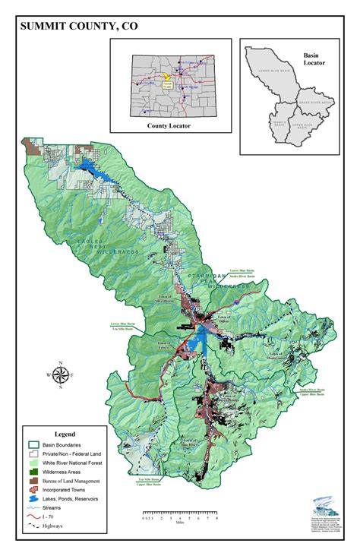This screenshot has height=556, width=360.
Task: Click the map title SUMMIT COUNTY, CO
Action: [80, 27]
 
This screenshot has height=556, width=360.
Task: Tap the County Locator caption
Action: [169, 125]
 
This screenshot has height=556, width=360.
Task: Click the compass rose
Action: [60, 374]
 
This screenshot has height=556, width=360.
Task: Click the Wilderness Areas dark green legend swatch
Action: [33, 472]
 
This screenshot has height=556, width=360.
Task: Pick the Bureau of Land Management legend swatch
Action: [33, 482]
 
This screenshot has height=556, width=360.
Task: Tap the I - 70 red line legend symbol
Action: [33, 516]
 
